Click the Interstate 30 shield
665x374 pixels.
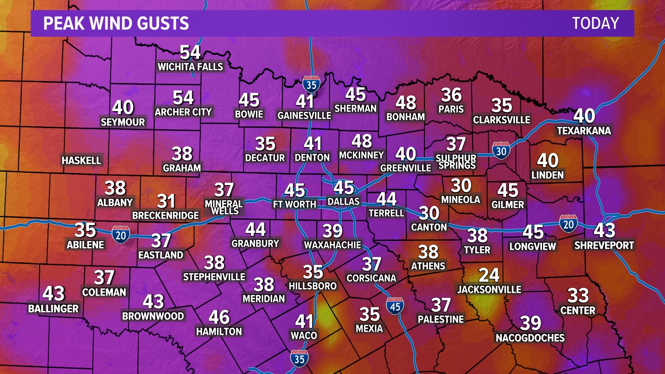pos(501,150)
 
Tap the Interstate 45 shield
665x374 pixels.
pos(395,306)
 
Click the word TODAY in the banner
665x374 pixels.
pos(595,23)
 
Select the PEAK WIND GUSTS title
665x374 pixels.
pos(116,23)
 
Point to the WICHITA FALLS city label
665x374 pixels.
pos(190,67)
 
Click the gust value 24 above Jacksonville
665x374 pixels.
pos(489,275)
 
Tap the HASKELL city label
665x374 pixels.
pos(81,160)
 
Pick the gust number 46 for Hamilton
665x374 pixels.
pos(219,317)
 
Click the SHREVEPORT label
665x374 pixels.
pos(604,246)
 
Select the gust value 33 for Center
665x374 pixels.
pos(578,295)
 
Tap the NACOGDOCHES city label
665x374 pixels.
pos(530,338)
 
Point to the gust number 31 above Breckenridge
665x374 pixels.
pos(166,201)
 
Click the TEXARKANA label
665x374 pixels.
pos(584,131)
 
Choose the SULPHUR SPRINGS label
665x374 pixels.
pos(456,162)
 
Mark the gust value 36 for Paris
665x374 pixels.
pos(451,95)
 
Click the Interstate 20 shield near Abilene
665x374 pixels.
pos(121,235)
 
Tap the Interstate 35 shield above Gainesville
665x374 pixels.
pos(311,84)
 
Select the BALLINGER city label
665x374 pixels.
pos(53,309)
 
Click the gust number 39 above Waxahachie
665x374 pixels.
pos(332,231)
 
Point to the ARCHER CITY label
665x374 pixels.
pos(183,112)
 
